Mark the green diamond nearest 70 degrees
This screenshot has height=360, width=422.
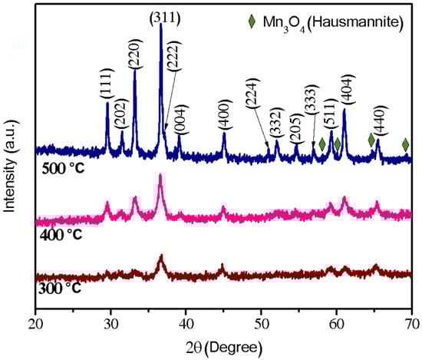click(x=406, y=144)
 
